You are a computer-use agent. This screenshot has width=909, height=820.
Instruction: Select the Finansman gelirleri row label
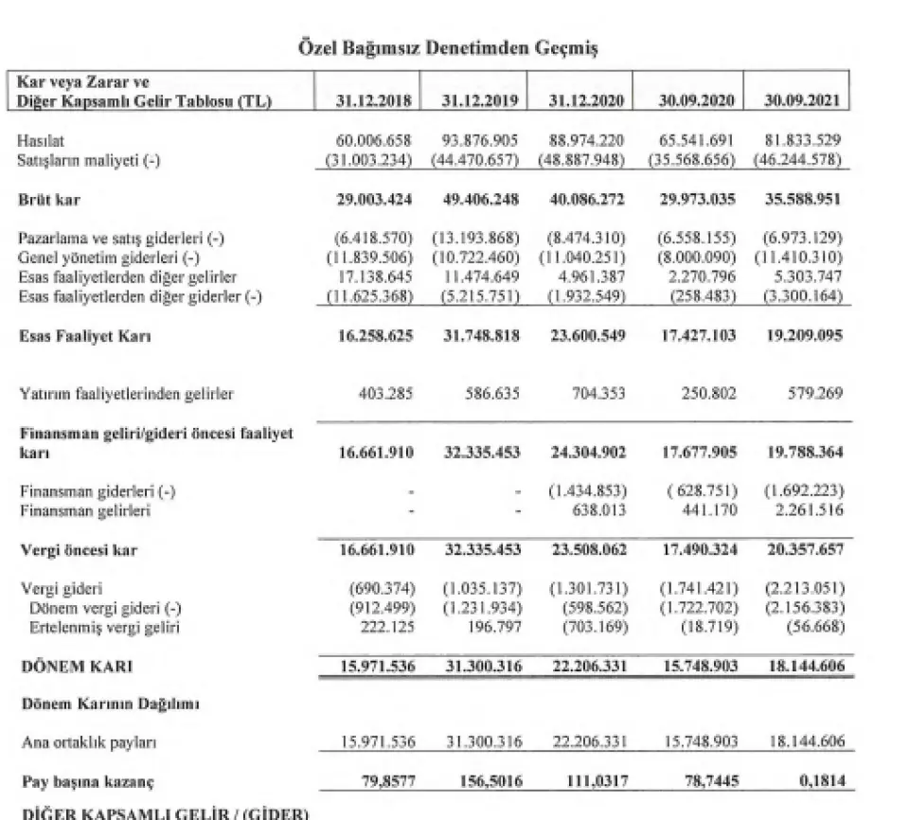click(82, 511)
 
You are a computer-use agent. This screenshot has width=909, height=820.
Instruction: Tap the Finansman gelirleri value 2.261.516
click(805, 511)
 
